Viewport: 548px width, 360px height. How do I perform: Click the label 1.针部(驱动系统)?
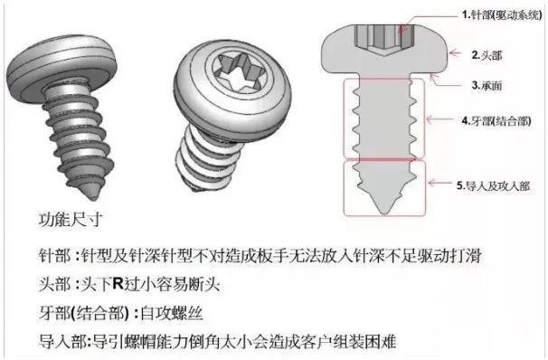tap(502, 15)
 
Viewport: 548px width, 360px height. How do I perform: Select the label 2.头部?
tap(487, 55)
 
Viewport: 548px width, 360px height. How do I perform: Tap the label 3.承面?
tap(487, 85)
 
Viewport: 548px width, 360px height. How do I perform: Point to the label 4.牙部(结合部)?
tap(496, 121)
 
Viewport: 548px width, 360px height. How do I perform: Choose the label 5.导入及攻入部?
tap(493, 185)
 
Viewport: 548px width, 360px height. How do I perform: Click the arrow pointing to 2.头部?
tap(455, 52)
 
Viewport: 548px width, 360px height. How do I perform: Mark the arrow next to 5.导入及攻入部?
tap(440, 183)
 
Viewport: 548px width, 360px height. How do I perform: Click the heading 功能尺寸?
tap(71, 220)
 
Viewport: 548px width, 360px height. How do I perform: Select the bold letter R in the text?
tap(118, 283)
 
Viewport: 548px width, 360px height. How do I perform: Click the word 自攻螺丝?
tap(171, 312)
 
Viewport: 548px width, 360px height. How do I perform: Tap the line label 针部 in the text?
tap(54, 256)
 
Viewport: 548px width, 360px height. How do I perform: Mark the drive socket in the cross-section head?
tap(384, 39)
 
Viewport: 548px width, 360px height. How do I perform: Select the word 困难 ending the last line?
tap(381, 341)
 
